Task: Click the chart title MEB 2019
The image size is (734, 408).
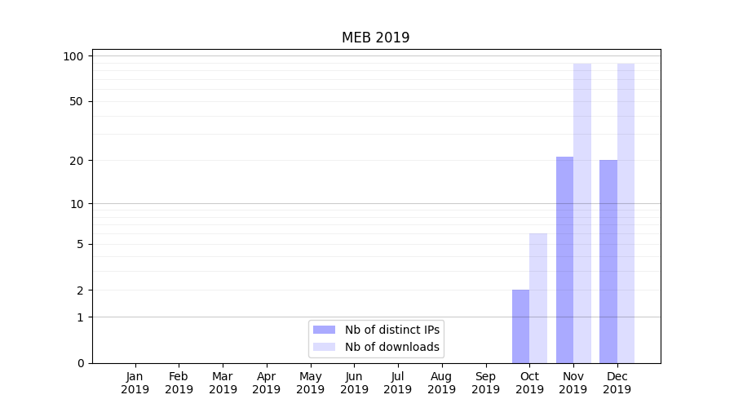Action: (375, 38)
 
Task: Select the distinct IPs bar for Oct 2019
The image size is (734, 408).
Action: (520, 326)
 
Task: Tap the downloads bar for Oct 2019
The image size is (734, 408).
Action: (538, 298)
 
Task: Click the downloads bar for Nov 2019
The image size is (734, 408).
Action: (582, 213)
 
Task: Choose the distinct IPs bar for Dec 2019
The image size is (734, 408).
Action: (608, 261)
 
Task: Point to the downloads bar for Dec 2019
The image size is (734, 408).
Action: (626, 213)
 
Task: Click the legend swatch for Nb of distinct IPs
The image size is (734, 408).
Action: (324, 330)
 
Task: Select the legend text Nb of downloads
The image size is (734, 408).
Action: (392, 347)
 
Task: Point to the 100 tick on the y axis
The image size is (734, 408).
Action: (74, 56)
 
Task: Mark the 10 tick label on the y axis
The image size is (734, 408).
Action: (77, 204)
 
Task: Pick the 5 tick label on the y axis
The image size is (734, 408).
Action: (80, 244)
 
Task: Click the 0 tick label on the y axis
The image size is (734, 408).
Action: (80, 363)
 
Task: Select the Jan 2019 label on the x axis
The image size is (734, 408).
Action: (135, 383)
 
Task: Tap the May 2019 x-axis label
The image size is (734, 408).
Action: (311, 383)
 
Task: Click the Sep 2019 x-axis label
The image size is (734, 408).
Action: (485, 383)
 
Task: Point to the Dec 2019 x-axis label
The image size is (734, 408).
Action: (617, 383)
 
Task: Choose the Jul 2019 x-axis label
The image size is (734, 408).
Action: (398, 383)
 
